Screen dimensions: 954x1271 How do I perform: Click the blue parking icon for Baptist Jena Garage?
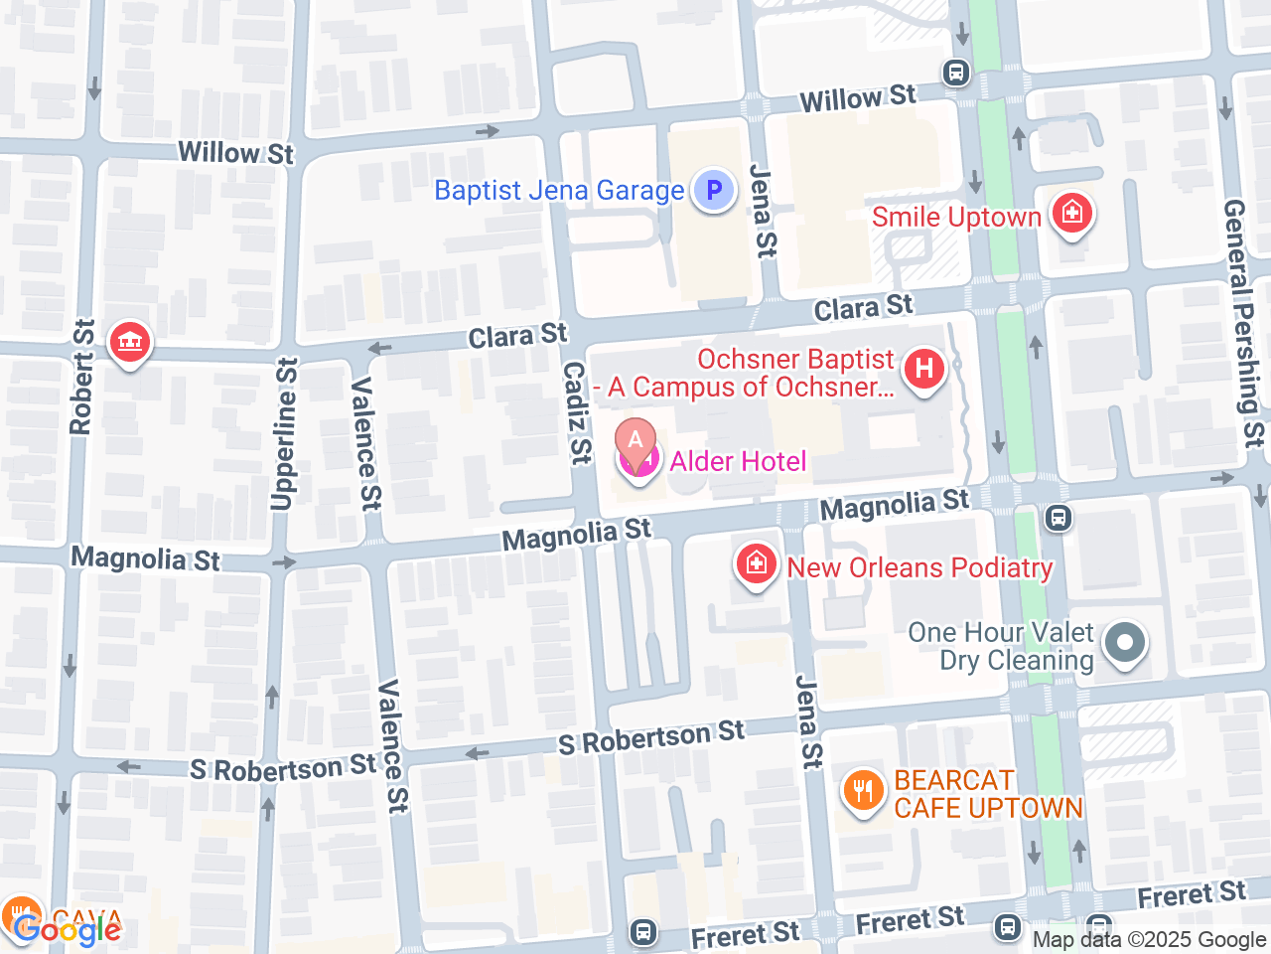[x=713, y=190]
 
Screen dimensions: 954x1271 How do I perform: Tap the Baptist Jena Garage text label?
[x=559, y=190]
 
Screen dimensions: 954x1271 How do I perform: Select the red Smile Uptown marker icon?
[x=1071, y=214]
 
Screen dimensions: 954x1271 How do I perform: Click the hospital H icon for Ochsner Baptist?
[x=923, y=370]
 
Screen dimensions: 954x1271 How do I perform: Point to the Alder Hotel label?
[x=738, y=461]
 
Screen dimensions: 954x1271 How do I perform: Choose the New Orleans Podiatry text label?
[x=919, y=567]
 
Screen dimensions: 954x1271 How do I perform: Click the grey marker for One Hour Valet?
[x=1124, y=642]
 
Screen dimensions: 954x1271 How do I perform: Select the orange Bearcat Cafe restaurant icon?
[x=863, y=792]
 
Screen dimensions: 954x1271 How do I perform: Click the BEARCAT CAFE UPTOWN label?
[x=988, y=795]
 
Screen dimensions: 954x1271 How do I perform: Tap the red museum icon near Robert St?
[x=129, y=343]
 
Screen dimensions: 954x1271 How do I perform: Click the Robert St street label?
[x=81, y=378]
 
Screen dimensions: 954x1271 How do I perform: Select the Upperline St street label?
[x=284, y=433]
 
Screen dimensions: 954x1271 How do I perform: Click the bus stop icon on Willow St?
[x=956, y=73]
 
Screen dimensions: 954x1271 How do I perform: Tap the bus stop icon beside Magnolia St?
[x=1059, y=517]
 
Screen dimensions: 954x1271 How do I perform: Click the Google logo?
[x=68, y=930]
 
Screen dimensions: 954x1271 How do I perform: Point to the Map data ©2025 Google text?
[x=1149, y=939]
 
